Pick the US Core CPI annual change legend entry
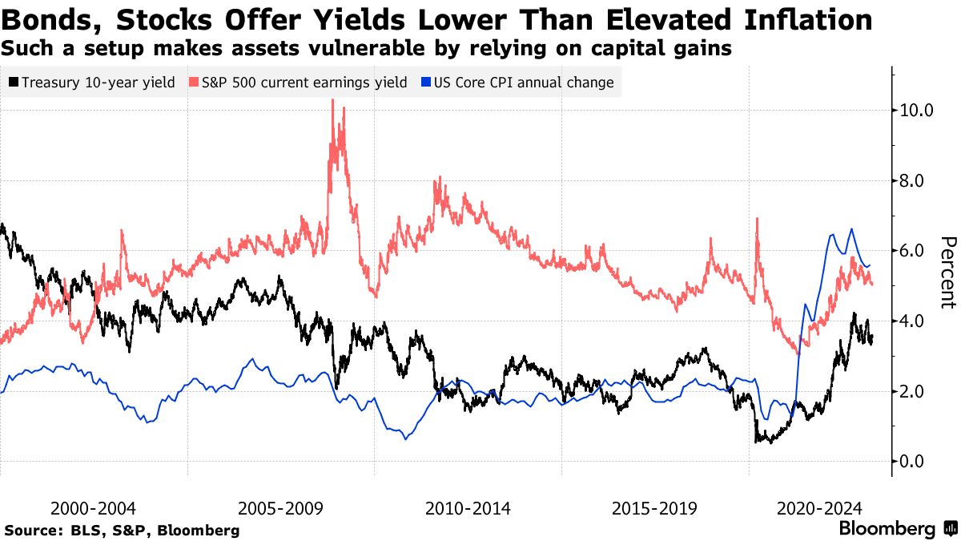pyautogui.click(x=523, y=83)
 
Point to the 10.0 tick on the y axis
pyautogui.click(x=916, y=110)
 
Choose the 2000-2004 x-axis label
pyautogui.click(x=94, y=508)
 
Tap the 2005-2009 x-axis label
pyautogui.click(x=281, y=508)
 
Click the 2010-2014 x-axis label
pyautogui.click(x=468, y=508)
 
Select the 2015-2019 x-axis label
pyautogui.click(x=654, y=508)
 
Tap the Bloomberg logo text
pyautogui.click(x=887, y=529)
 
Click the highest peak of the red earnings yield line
pyautogui.click(x=332, y=100)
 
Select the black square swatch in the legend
pyautogui.click(x=14, y=83)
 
